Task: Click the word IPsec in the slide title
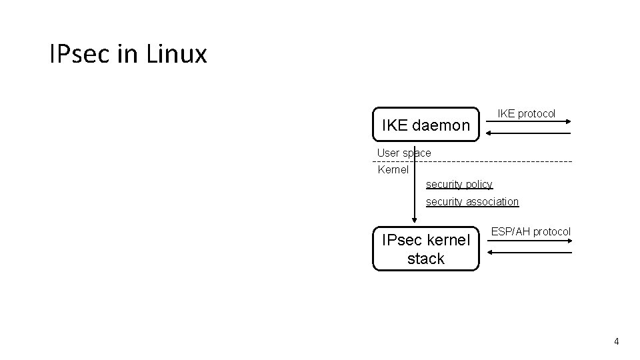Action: pyautogui.click(x=80, y=54)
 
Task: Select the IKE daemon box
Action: pyautogui.click(x=426, y=125)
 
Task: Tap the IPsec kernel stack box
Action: pyautogui.click(x=426, y=249)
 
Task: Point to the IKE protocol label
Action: pyautogui.click(x=527, y=114)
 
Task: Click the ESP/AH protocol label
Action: pyautogui.click(x=531, y=232)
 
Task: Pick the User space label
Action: pyautogui.click(x=404, y=153)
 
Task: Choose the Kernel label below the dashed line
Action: pyautogui.click(x=393, y=170)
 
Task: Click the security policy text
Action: pyautogui.click(x=459, y=184)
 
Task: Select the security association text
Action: pyautogui.click(x=472, y=201)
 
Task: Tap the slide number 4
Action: pyautogui.click(x=616, y=341)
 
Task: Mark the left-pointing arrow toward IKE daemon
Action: pyautogui.click(x=527, y=133)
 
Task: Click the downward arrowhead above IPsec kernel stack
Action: pyautogui.click(x=415, y=221)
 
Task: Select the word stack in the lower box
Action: pyautogui.click(x=426, y=259)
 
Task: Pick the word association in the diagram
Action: pyautogui.click(x=492, y=201)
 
